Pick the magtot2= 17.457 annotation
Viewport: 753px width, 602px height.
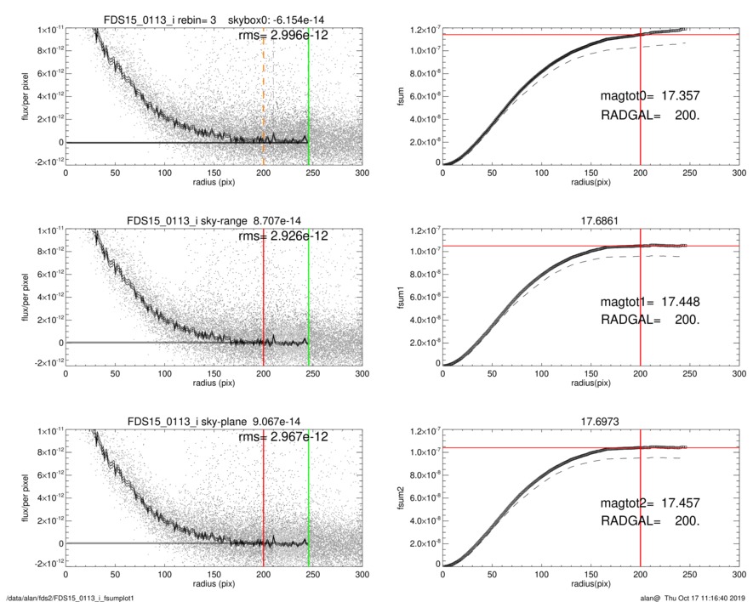pos(650,503)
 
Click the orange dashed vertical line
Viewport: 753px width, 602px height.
pos(263,102)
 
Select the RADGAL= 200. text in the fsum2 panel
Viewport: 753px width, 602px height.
pos(650,520)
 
